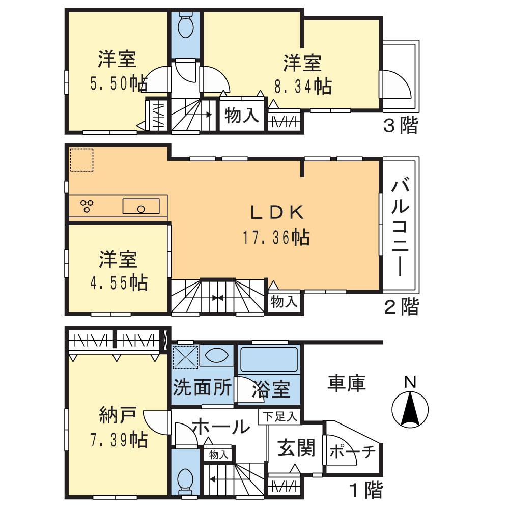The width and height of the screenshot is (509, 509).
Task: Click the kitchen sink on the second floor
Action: pos(140,206)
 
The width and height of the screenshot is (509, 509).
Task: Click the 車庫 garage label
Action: pos(346,383)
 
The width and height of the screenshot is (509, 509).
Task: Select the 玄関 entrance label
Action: pos(296,448)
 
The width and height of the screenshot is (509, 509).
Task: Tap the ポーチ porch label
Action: pos(353,451)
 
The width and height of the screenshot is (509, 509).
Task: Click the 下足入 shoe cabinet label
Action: pos(279,417)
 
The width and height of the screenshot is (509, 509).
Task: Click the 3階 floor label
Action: pos(400,126)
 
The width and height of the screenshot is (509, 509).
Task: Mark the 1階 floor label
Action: pos(365,490)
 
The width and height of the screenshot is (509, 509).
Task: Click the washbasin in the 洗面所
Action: pos(216,355)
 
